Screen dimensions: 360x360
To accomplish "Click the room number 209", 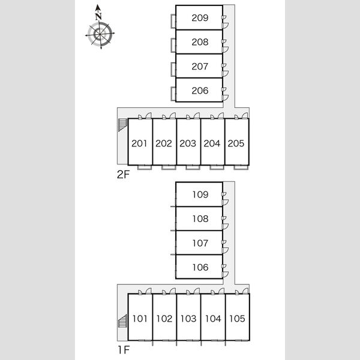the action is [200, 17].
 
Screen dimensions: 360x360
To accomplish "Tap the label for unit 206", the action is [200, 91].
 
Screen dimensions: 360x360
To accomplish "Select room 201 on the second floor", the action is [139, 143].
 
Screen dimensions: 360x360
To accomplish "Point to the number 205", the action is [236, 143].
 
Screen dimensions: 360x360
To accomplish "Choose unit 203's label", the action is [188, 143].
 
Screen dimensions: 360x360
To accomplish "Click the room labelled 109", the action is [200, 194].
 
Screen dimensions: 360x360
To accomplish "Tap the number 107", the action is [200, 243].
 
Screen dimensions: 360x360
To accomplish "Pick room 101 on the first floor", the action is [140, 319].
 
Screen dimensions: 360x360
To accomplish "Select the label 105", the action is [237, 319].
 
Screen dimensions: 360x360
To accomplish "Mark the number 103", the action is [188, 319].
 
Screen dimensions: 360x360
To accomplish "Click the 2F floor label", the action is [123, 175].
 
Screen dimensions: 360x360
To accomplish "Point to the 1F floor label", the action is [124, 350].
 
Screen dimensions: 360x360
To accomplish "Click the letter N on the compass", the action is [99, 17].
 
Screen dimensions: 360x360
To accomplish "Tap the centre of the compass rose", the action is [100, 34].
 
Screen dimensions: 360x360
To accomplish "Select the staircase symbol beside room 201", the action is [122, 125].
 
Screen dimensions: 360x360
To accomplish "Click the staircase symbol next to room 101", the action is [122, 321].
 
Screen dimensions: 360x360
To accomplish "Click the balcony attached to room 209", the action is [173, 21].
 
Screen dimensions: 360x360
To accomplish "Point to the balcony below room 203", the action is [193, 167].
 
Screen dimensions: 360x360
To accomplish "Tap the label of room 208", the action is [200, 42].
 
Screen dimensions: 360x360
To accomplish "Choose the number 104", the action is [213, 319].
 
